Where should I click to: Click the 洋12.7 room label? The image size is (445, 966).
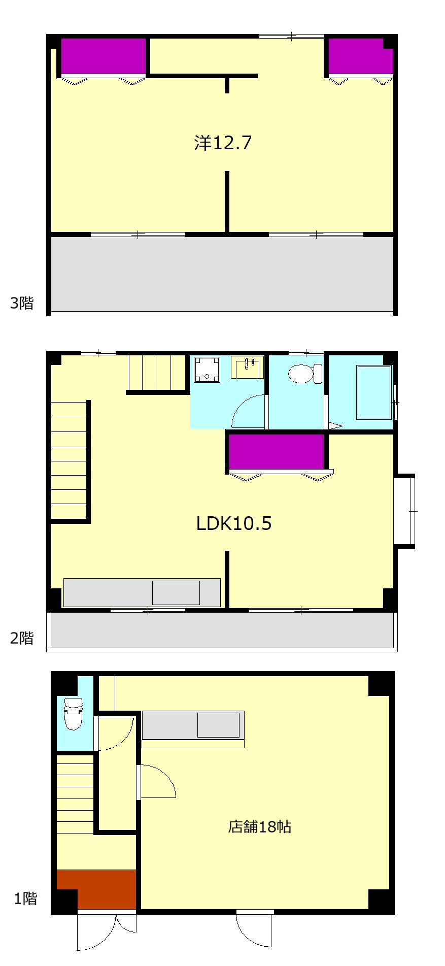click(223, 143)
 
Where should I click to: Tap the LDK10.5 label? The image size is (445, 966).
click(234, 523)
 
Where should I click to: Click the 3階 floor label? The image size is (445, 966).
click(22, 303)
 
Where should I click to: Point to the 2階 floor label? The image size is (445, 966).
click(22, 638)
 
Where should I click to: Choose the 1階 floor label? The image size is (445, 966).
click(25, 899)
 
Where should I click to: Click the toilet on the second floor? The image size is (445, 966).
click(305, 374)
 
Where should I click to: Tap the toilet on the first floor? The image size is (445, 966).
click(73, 713)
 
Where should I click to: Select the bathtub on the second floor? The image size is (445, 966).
click(374, 392)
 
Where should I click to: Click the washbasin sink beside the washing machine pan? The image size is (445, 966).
click(247, 368)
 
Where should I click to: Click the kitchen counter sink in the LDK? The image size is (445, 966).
click(176, 593)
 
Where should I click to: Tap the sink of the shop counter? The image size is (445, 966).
click(218, 725)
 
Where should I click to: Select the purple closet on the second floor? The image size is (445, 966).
click(277, 451)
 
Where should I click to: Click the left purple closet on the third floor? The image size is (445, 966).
click(104, 56)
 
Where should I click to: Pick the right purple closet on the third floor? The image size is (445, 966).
click(361, 56)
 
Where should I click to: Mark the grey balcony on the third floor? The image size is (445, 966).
click(222, 274)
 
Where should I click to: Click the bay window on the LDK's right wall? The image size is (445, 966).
click(404, 511)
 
